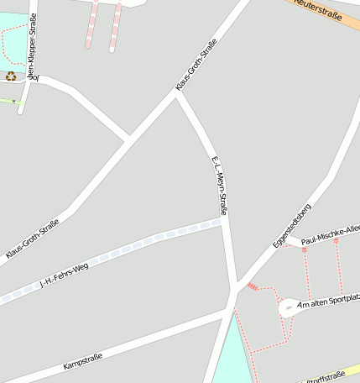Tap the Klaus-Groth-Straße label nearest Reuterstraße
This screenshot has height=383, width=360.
click(196, 65)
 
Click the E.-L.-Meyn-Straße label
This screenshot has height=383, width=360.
click(217, 186)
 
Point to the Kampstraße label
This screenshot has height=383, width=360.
click(82, 362)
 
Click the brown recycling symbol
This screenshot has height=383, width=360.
click(11, 76)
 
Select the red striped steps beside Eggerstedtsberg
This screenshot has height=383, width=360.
click(253, 287)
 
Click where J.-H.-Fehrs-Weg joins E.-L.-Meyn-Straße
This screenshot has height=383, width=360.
click(223, 221)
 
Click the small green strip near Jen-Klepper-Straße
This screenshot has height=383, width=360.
click(8, 101)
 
